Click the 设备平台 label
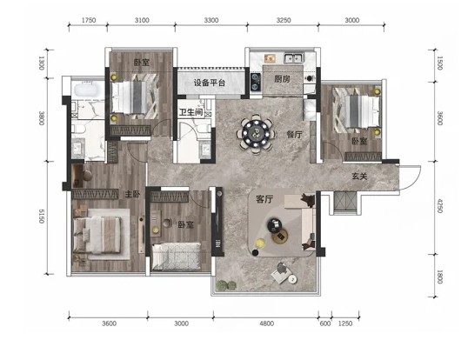210,83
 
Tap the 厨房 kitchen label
282,79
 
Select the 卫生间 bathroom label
191,112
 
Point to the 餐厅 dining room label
294,135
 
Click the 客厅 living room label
264,199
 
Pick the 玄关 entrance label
360,176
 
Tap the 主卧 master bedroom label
132,194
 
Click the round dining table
256,134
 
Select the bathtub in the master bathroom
88,90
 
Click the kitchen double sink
294,58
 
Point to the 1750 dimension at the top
89,20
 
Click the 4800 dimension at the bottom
267,323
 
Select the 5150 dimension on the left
42,216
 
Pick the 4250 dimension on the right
439,206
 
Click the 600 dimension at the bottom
325,323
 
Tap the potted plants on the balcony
226,284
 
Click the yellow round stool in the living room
260,243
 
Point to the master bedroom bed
97,235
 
